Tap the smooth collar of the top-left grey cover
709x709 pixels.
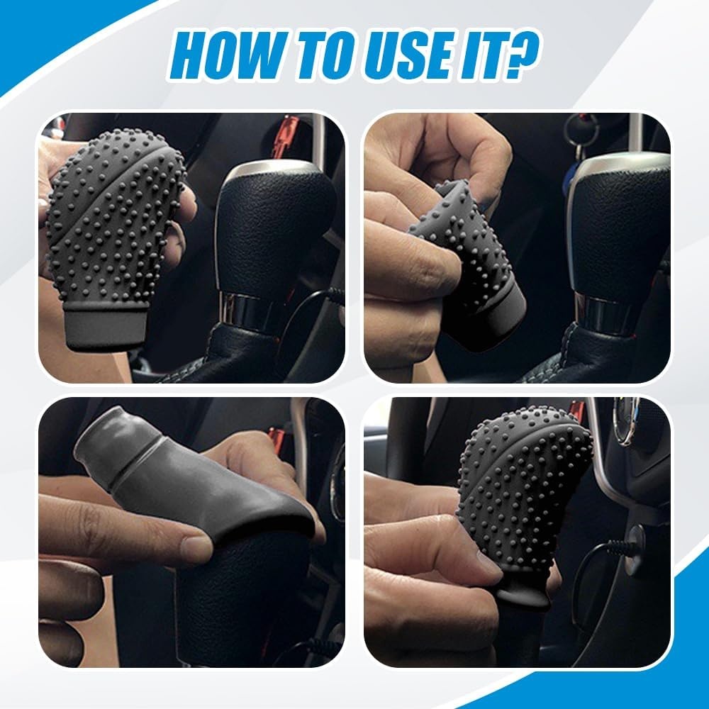pyautogui.click(x=107, y=325)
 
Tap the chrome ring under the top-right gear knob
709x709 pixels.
pyautogui.click(x=601, y=312)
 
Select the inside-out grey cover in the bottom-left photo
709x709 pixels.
pyautogui.click(x=190, y=479)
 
